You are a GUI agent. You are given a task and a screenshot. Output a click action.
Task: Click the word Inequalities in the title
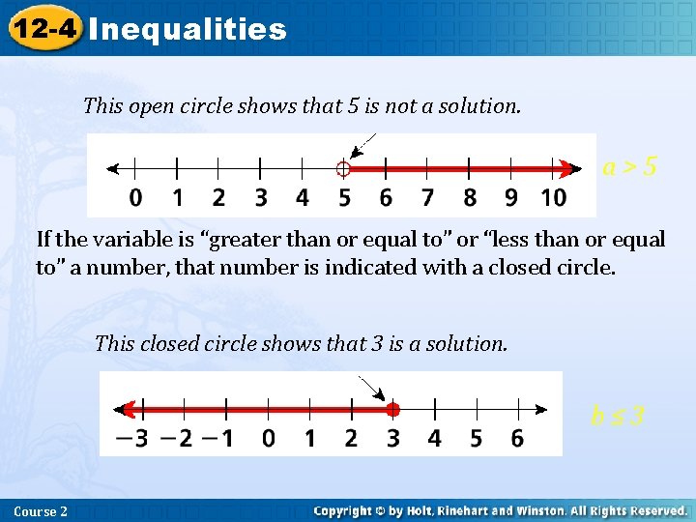point(188,29)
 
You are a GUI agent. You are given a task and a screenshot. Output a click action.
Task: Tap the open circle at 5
point(343,169)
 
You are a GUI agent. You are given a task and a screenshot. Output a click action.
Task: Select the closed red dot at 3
point(392,408)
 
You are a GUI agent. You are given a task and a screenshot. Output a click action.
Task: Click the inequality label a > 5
point(630,167)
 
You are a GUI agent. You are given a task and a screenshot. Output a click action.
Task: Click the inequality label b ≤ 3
point(618,417)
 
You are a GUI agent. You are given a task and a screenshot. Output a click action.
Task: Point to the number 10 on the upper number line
point(553,198)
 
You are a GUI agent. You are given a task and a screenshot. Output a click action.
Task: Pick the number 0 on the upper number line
point(135,198)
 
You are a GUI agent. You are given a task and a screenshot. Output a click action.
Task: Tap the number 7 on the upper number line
point(427,198)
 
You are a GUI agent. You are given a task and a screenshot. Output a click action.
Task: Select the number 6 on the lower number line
point(517,439)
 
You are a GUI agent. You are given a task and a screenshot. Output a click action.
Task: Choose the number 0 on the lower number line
point(268,439)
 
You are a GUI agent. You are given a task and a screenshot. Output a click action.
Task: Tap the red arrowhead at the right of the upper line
point(566,169)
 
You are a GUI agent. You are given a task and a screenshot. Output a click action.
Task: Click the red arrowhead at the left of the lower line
point(122,408)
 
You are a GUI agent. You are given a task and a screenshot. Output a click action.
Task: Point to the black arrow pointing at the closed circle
point(372,389)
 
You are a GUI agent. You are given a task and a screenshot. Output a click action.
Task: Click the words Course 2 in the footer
point(42,510)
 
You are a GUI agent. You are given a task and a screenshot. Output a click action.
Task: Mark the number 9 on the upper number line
point(510,198)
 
